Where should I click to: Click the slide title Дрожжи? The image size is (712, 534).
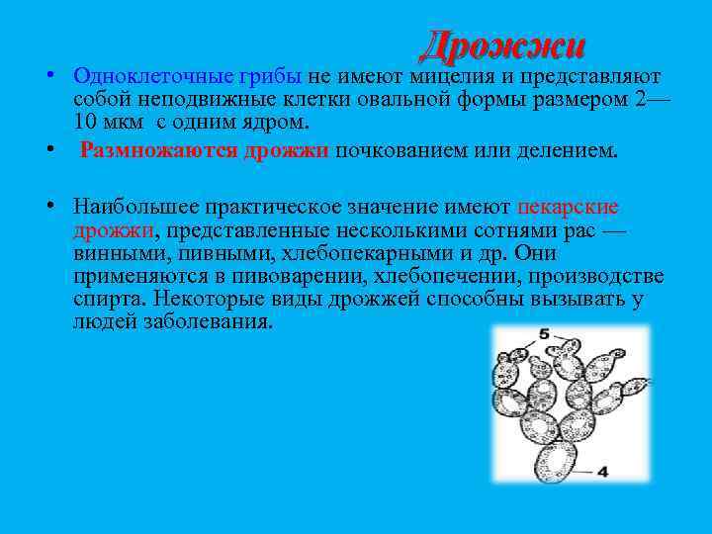[x=502, y=45]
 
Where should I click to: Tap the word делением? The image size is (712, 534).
[x=567, y=151]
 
